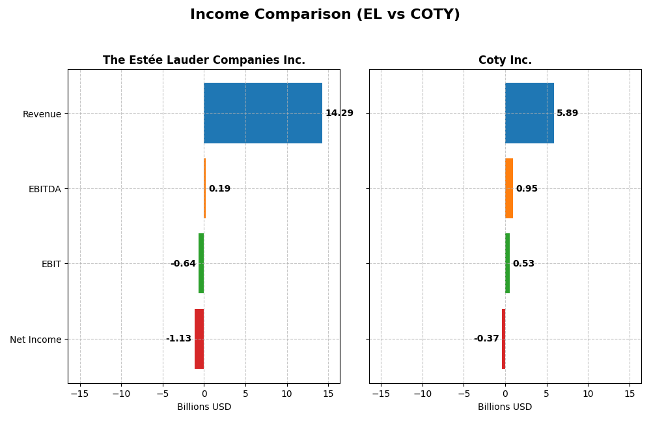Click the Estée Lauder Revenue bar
tap(263, 113)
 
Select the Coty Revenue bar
tap(529, 113)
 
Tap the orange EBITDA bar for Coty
tap(509, 188)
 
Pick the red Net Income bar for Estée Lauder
tap(199, 339)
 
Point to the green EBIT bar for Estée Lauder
tap(201, 263)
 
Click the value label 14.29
tap(339, 113)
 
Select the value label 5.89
tap(567, 113)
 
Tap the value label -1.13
tap(178, 339)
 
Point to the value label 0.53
tap(523, 264)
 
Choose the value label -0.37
tap(486, 339)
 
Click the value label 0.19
tap(219, 189)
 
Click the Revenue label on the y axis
tap(42, 114)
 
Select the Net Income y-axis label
tap(36, 340)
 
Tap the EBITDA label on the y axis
tap(45, 189)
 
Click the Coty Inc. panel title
tap(505, 61)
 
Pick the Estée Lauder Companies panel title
tap(204, 61)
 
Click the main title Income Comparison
tap(325, 15)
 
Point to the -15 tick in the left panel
tap(79, 394)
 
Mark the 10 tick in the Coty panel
tap(588, 394)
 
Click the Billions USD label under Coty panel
tap(505, 407)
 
